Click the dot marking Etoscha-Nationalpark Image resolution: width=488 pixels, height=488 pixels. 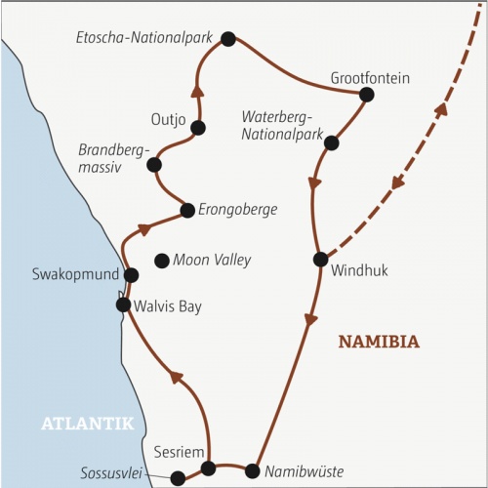coord(228,39)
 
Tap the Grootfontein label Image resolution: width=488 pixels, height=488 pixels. coord(370,78)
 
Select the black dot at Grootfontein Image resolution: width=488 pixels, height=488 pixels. coord(367,95)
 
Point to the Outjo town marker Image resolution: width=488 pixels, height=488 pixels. coord(198,128)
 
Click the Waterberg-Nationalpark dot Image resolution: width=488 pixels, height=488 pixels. coord(331,142)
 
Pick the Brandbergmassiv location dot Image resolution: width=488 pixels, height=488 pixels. coord(154,165)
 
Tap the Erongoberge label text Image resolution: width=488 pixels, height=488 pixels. coord(238,210)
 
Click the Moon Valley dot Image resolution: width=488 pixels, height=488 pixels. coord(162,261)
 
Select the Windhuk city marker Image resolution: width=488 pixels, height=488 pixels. coord(321,260)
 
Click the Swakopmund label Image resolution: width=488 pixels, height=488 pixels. coord(75,274)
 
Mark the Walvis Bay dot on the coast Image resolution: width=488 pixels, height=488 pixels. coord(123,305)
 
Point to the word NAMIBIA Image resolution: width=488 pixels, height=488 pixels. coord(379,342)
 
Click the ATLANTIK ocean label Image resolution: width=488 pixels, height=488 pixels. coord(88,424)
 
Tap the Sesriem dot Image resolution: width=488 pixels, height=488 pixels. coord(208,468)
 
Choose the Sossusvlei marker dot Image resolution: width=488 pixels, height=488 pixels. coord(178,477)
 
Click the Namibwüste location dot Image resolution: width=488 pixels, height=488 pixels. coord(253,471)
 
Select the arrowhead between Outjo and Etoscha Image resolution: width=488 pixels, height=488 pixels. coord(198,91)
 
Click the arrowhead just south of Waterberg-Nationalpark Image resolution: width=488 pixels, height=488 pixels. coord(314,183)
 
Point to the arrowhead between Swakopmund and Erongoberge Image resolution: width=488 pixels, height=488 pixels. coord(144,229)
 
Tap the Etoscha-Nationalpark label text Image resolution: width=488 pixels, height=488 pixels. coord(144,38)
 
